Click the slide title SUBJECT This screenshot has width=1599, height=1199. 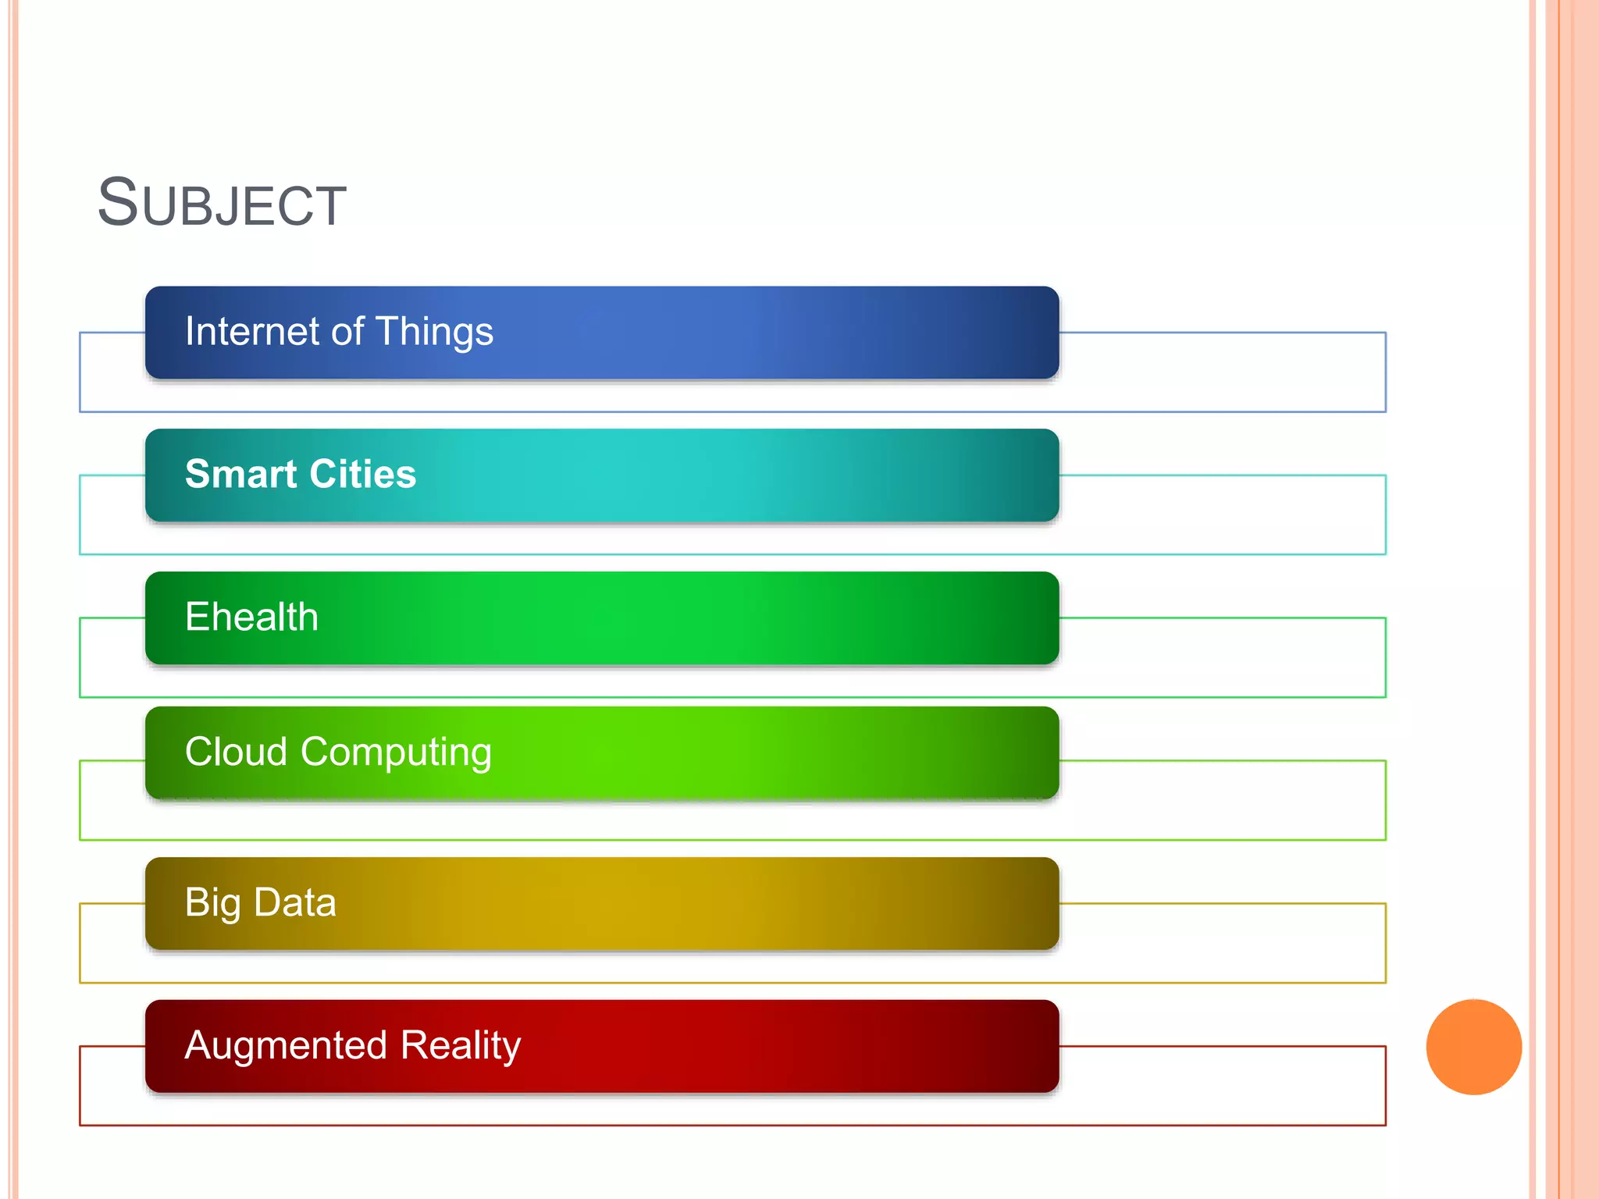click(222, 203)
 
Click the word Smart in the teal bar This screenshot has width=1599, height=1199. click(240, 474)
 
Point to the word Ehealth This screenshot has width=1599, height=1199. click(251, 617)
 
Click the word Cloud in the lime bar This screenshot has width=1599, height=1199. click(236, 752)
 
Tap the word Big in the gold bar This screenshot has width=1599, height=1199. click(212, 903)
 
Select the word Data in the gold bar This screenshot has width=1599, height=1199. click(295, 902)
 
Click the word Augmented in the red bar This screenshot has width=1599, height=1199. click(286, 1045)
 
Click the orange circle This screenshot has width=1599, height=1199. click(1473, 1047)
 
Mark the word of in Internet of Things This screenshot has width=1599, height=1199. click(347, 331)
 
